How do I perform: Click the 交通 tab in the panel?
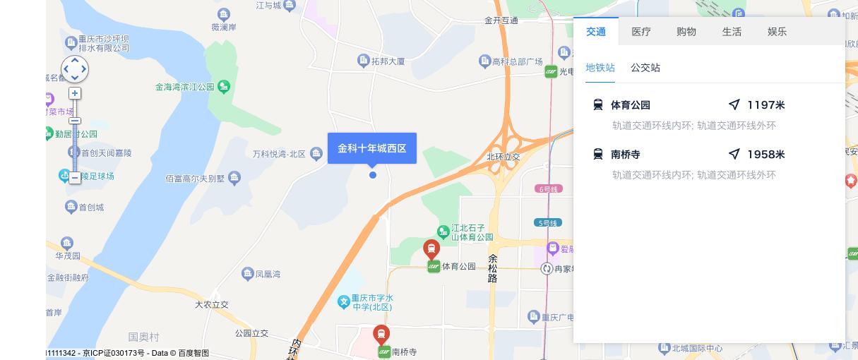(596, 32)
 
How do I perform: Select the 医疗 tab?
(641, 32)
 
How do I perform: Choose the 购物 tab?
(686, 32)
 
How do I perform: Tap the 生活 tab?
(732, 32)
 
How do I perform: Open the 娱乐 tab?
(777, 32)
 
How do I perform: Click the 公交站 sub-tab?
(645, 68)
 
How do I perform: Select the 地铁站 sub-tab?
(600, 68)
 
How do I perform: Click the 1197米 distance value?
(765, 105)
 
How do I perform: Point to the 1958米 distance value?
(765, 155)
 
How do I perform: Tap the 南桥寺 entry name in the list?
(625, 155)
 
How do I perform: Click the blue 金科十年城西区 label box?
(372, 148)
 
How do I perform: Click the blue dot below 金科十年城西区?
(373, 175)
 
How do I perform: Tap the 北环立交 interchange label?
(503, 157)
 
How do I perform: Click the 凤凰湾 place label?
(268, 274)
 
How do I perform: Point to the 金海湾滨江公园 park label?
(185, 88)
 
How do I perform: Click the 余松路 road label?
(493, 268)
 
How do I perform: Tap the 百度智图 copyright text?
(193, 353)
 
